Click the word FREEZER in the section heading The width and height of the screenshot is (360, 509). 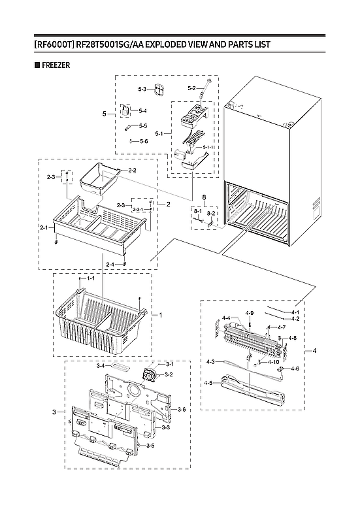point(56,65)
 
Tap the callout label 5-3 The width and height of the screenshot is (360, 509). point(142,88)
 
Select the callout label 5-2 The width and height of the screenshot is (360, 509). point(191,88)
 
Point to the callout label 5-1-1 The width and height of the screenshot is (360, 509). point(208,147)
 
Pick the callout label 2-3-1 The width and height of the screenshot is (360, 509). point(139,210)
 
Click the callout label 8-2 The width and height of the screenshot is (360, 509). point(211,213)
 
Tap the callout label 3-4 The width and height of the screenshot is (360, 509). point(101,366)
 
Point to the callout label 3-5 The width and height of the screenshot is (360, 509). point(150,446)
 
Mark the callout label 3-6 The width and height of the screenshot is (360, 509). point(182,409)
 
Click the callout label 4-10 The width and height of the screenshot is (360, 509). point(274,362)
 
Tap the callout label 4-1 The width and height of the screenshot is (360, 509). point(295,312)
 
